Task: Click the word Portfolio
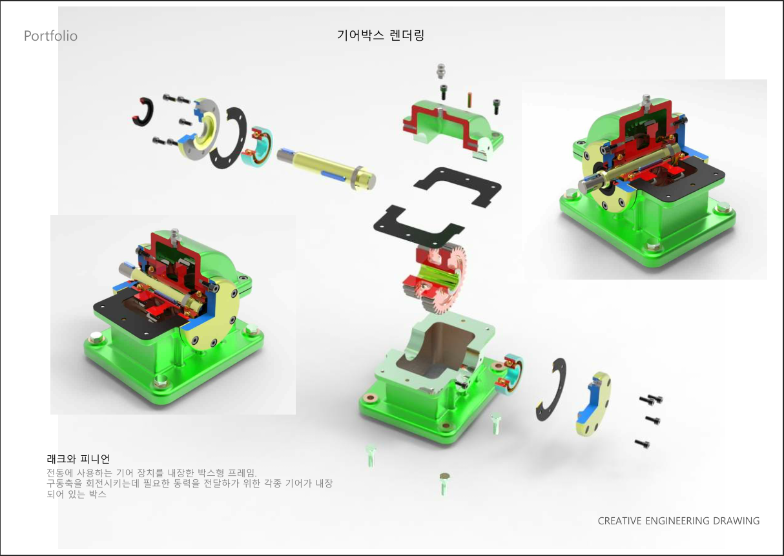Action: pos(51,36)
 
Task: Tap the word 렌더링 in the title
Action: pos(407,35)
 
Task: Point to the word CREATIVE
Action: pos(619,520)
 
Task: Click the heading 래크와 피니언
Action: pos(78,458)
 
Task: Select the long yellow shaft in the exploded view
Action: pos(327,169)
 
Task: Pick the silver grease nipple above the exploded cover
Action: pos(440,71)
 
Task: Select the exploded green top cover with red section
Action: pos(453,129)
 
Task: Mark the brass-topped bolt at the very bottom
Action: pos(444,484)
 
